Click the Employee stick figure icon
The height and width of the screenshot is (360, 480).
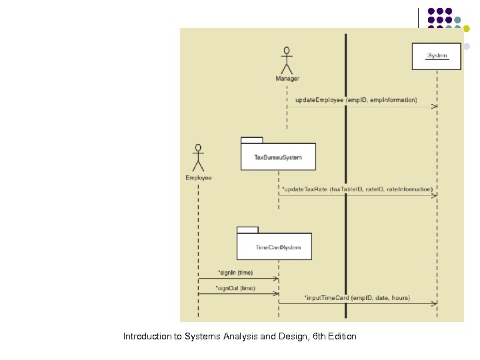(198, 157)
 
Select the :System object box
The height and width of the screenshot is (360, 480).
(437, 56)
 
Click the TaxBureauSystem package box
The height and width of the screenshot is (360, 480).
(278, 157)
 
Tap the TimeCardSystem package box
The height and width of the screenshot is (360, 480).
(274, 247)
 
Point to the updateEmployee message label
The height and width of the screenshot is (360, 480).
(356, 100)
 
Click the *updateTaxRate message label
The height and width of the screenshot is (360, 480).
(357, 189)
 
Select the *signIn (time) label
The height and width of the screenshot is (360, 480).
(235, 273)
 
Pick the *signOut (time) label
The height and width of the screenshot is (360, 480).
(235, 288)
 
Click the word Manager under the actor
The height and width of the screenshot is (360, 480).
(287, 79)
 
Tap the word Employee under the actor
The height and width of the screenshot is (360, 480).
(199, 178)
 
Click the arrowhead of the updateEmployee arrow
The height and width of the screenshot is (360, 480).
(435, 107)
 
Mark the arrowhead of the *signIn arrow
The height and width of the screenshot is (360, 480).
(275, 279)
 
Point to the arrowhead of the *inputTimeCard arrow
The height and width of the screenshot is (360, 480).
(435, 304)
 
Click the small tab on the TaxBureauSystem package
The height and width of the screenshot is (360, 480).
(251, 140)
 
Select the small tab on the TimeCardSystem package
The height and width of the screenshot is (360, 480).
(247, 230)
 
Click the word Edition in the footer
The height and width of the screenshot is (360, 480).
(341, 337)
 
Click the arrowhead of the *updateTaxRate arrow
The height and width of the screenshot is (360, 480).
(435, 195)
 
